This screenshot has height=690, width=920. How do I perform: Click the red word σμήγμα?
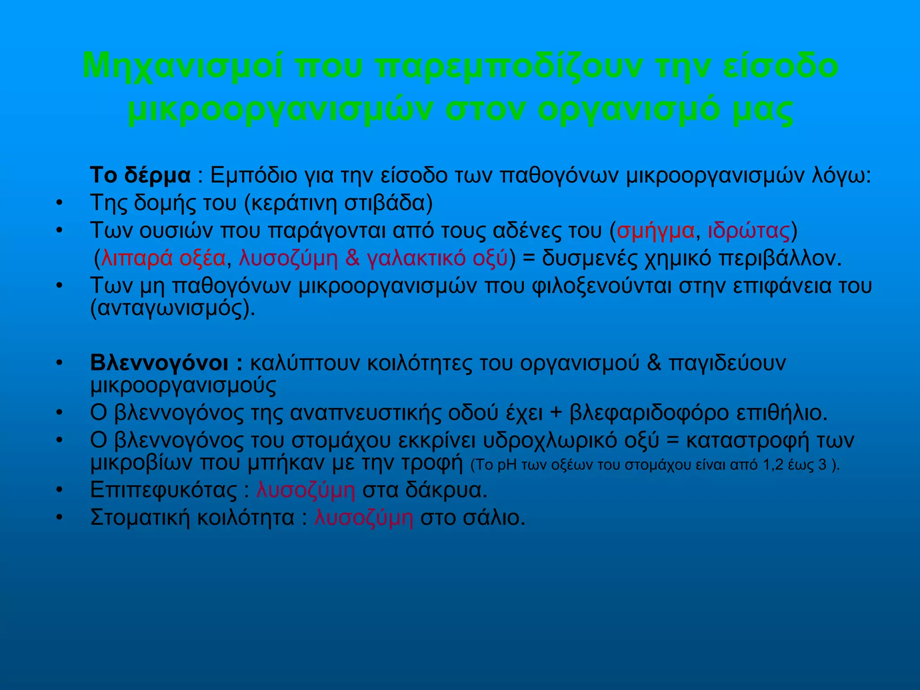[655, 231]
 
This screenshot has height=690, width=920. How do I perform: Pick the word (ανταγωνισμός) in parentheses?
[172, 309]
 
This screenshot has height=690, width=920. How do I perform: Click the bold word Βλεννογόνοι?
[160, 363]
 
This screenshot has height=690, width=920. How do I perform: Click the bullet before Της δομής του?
[58, 203]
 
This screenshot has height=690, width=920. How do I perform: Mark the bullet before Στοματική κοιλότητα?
[58, 518]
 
